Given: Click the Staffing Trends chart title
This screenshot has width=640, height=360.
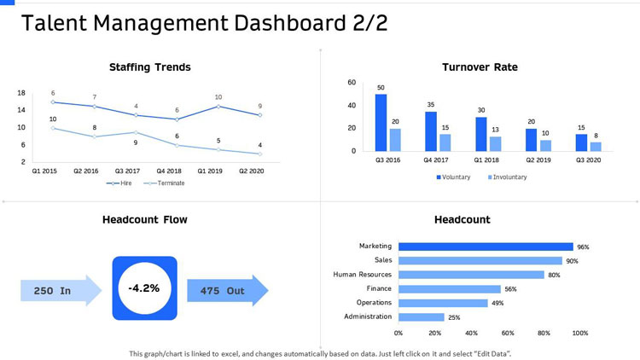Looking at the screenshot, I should point(149,67).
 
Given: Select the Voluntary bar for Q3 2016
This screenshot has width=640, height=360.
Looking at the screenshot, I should point(381,122).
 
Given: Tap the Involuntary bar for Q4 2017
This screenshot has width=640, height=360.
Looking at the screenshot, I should point(445,142).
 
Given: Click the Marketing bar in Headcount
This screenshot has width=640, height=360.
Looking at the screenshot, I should point(486,247).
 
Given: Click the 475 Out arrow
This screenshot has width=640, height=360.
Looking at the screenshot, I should point(227,291).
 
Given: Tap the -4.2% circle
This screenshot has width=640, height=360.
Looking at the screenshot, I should point(144,288).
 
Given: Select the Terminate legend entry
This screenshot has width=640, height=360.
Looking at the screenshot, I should point(167,183).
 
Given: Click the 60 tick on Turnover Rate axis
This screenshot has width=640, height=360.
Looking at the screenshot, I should point(352,83).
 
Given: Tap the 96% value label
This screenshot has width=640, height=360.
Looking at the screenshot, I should point(583,247).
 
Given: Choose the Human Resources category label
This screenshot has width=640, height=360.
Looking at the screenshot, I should point(362,275).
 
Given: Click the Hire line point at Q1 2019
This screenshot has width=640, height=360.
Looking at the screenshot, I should point(218,106).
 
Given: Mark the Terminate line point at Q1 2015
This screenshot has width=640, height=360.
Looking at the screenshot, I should point(53,128).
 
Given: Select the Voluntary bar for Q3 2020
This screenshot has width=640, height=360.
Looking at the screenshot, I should point(581,142).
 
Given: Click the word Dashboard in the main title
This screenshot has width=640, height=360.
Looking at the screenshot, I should point(241,23).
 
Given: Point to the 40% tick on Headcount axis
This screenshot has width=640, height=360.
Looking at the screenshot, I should point(471,333).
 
